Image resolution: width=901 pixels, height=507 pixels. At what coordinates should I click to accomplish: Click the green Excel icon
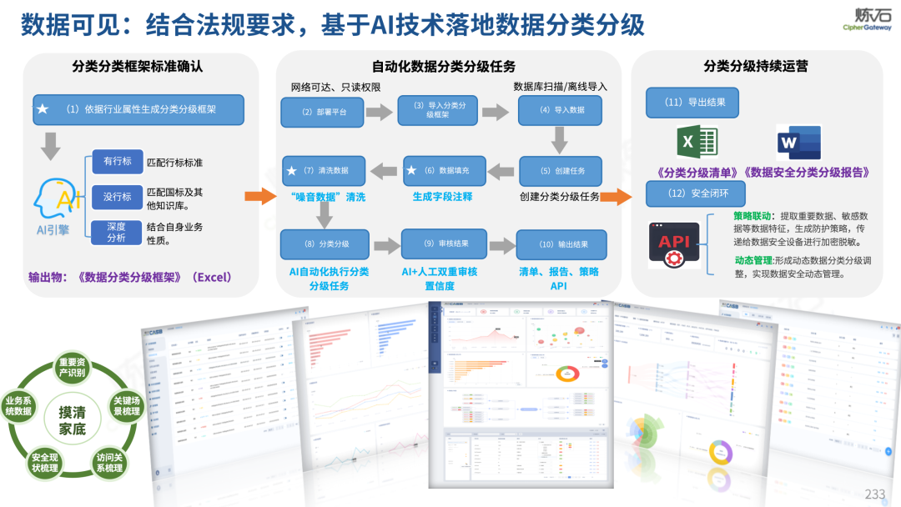coord(697,143)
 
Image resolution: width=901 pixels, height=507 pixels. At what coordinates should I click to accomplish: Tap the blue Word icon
coord(798,143)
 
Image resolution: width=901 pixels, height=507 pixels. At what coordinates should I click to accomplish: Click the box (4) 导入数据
coord(562,110)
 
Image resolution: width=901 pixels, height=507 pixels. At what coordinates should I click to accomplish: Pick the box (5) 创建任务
coord(561,171)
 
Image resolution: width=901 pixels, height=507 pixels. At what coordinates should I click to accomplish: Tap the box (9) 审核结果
coord(444,243)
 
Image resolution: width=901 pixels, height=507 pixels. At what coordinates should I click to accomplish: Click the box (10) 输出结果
coord(561,244)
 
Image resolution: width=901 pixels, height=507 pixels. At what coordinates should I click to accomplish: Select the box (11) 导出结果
coord(692,103)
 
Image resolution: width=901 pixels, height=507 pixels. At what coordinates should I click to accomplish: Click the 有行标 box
coord(117,162)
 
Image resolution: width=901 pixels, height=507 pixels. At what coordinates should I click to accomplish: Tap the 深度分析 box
coord(117,232)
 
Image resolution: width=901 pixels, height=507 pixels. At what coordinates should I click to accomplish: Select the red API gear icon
coord(674,244)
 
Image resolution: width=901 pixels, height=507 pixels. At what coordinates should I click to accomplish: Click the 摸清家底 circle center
coord(72,421)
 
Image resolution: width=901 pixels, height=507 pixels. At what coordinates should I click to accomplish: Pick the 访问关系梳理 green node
coord(109,462)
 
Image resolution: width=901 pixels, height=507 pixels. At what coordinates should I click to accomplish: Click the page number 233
coord(874,494)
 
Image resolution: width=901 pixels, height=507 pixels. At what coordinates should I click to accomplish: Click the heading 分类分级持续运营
coord(756,66)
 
